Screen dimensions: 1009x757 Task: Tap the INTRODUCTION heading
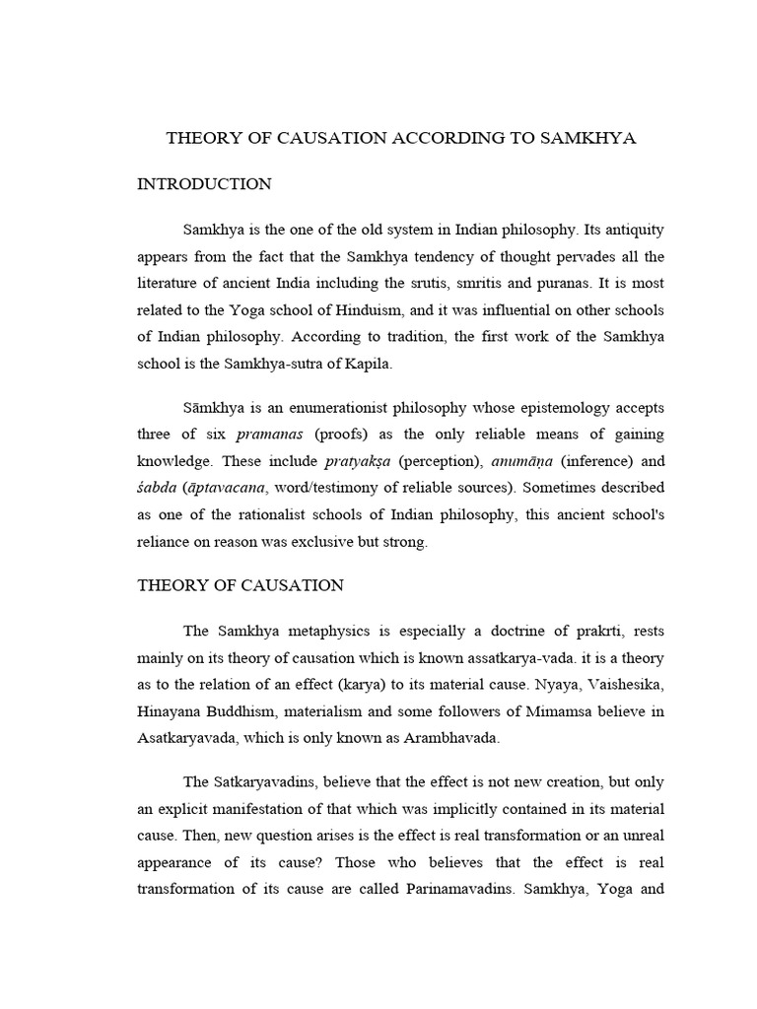click(203, 184)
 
